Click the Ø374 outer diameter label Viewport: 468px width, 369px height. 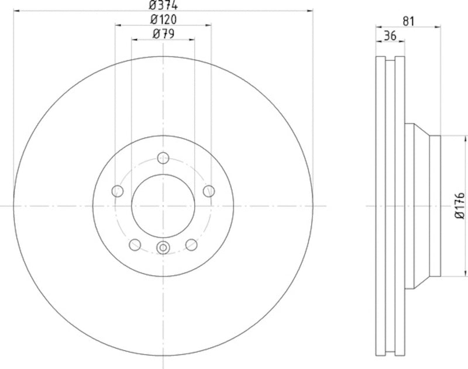click(163, 5)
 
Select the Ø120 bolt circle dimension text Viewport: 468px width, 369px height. click(163, 19)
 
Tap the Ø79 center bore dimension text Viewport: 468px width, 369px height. click(163, 34)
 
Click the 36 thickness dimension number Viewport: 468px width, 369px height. click(390, 36)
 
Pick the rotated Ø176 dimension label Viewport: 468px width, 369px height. click(459, 205)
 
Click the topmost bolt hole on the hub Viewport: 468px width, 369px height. click(163, 158)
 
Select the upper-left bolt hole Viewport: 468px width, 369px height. click(118, 191)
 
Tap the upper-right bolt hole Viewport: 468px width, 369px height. click(209, 191)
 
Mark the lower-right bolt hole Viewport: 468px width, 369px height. click(191, 244)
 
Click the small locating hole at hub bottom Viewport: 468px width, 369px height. click(163, 247)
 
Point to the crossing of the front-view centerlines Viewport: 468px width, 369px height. click(163, 205)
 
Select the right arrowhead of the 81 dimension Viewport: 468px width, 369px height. click(437, 27)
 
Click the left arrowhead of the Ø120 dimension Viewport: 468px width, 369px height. click(118, 25)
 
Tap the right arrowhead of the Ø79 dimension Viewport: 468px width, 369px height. click(192, 40)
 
